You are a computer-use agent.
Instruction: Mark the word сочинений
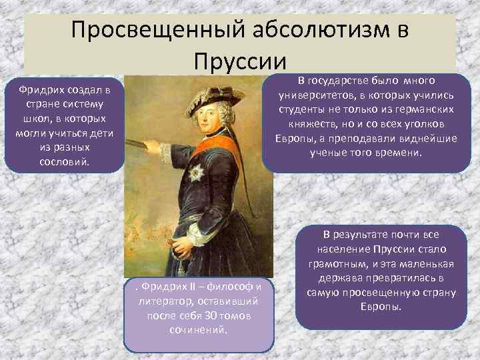pyautogui.click(x=198, y=329)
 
